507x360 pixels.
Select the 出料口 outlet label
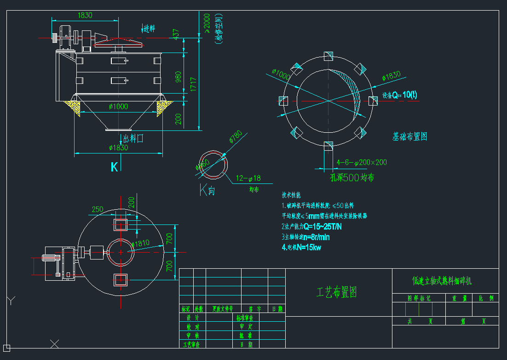133,138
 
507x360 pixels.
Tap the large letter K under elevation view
114,167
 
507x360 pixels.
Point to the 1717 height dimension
194,83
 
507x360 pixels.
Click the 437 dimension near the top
175,34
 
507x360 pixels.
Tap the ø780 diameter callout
235,137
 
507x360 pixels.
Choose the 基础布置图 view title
410,136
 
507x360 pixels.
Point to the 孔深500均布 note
352,177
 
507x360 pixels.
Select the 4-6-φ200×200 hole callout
362,162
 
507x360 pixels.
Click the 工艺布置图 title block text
337,292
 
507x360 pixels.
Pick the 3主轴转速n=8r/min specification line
305,237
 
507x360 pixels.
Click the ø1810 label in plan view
141,243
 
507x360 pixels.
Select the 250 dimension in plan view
97,209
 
